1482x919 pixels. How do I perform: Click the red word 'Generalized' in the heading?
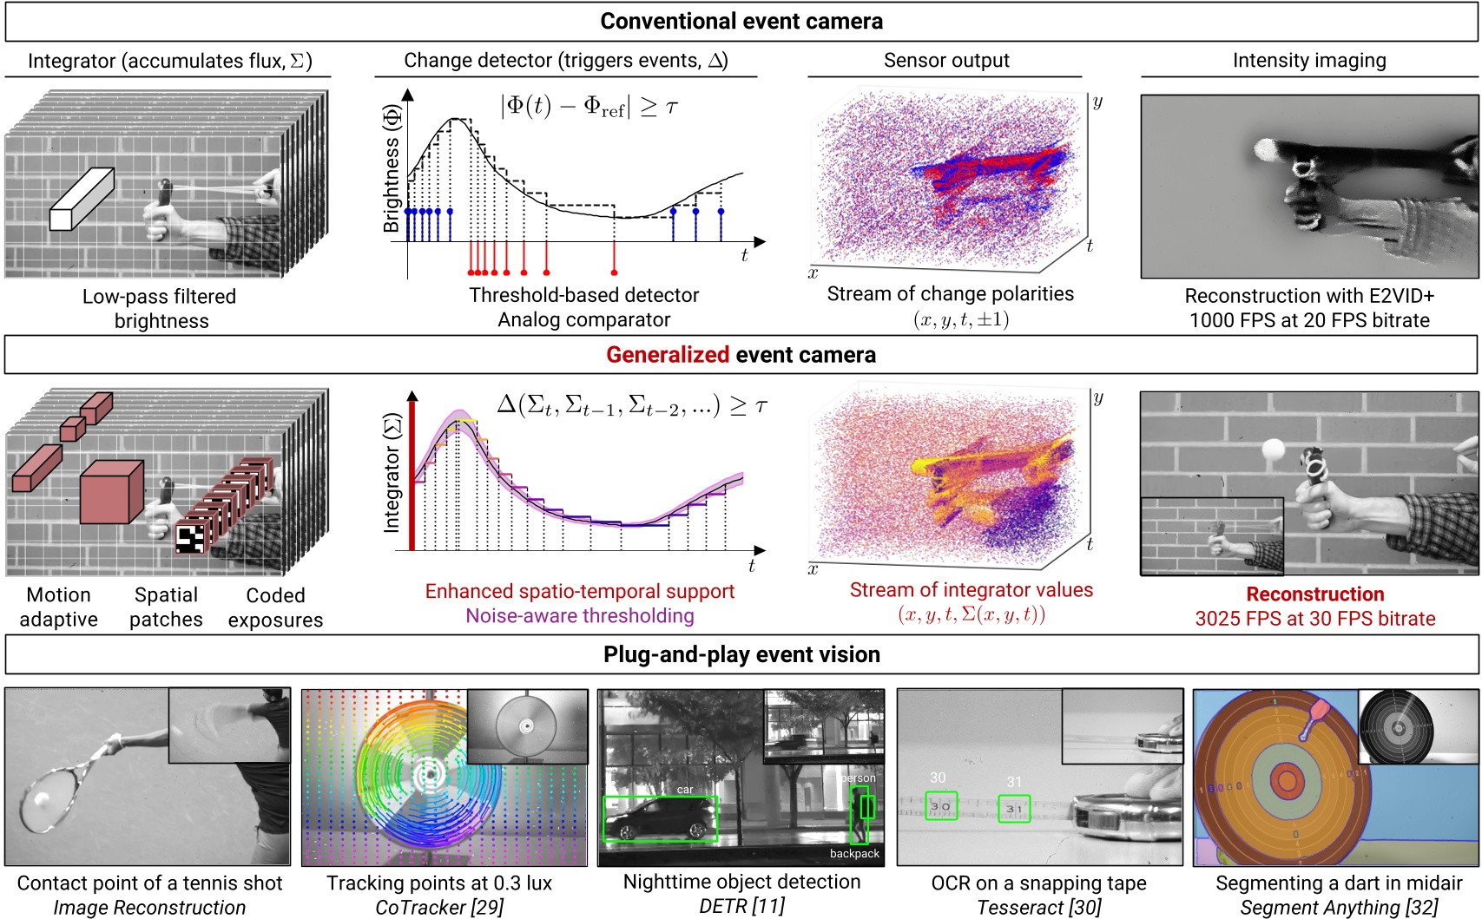click(667, 355)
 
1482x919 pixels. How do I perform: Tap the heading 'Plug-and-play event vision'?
click(741, 654)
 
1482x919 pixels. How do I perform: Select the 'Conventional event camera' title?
click(741, 21)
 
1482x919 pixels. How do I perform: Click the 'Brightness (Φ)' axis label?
click(392, 168)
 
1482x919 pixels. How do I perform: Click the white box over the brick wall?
click(82, 199)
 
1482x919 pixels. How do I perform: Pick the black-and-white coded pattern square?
click(190, 537)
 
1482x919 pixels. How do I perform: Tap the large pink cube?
click(110, 491)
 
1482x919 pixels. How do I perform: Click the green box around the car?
click(661, 818)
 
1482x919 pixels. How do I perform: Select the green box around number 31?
click(1013, 808)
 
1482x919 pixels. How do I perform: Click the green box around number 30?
click(941, 805)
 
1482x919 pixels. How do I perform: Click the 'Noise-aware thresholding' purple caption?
click(580, 616)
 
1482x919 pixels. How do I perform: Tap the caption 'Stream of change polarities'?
click(950, 294)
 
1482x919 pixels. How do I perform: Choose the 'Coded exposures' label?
click(275, 607)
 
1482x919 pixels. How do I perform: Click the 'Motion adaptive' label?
click(59, 607)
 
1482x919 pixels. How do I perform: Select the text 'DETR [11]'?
click(741, 906)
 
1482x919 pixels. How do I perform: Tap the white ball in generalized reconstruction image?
click(1274, 450)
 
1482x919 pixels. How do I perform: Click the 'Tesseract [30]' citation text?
click(1038, 908)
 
